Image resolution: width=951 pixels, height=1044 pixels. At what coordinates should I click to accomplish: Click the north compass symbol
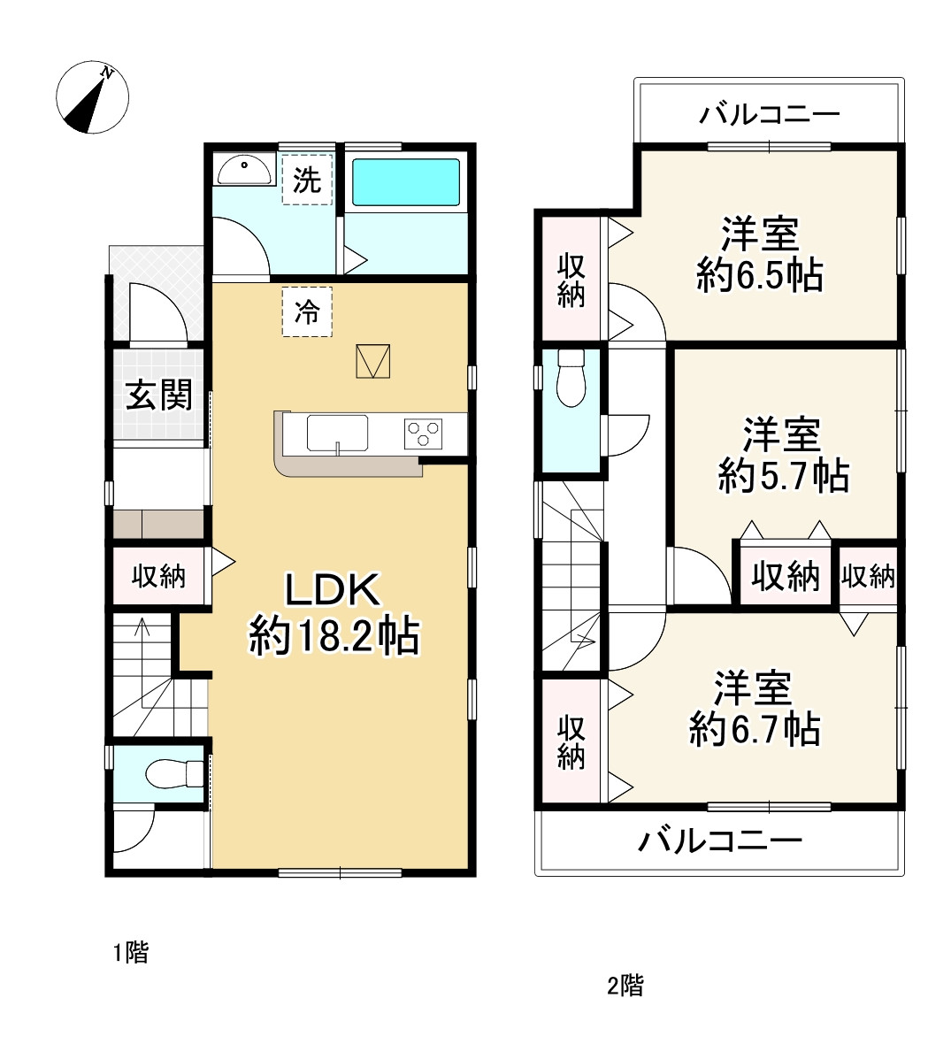92,97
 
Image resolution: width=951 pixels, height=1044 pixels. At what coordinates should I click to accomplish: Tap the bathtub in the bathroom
405,181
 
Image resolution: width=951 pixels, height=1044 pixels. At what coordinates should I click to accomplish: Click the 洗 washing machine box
307,180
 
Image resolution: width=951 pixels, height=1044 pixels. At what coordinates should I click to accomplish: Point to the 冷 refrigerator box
307,311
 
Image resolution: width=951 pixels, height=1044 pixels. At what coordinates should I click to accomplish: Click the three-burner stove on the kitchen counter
423,434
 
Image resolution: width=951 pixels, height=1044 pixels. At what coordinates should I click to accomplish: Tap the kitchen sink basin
337,434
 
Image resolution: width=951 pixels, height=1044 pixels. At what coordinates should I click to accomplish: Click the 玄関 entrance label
159,395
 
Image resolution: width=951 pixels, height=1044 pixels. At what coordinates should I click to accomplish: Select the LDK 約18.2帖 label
334,613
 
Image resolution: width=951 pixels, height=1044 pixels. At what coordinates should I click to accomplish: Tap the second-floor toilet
571,379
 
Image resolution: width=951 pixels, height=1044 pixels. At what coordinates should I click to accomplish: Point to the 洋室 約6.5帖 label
760,254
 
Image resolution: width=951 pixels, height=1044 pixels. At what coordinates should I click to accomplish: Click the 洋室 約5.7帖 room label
783,455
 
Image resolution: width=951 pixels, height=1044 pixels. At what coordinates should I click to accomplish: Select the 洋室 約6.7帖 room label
754,709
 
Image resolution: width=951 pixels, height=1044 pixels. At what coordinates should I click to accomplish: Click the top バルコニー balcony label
769,114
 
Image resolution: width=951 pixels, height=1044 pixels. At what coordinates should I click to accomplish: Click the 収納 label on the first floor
157,576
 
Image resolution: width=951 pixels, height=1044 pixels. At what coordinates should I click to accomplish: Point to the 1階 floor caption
131,953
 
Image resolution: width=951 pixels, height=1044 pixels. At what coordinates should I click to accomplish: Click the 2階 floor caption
625,986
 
